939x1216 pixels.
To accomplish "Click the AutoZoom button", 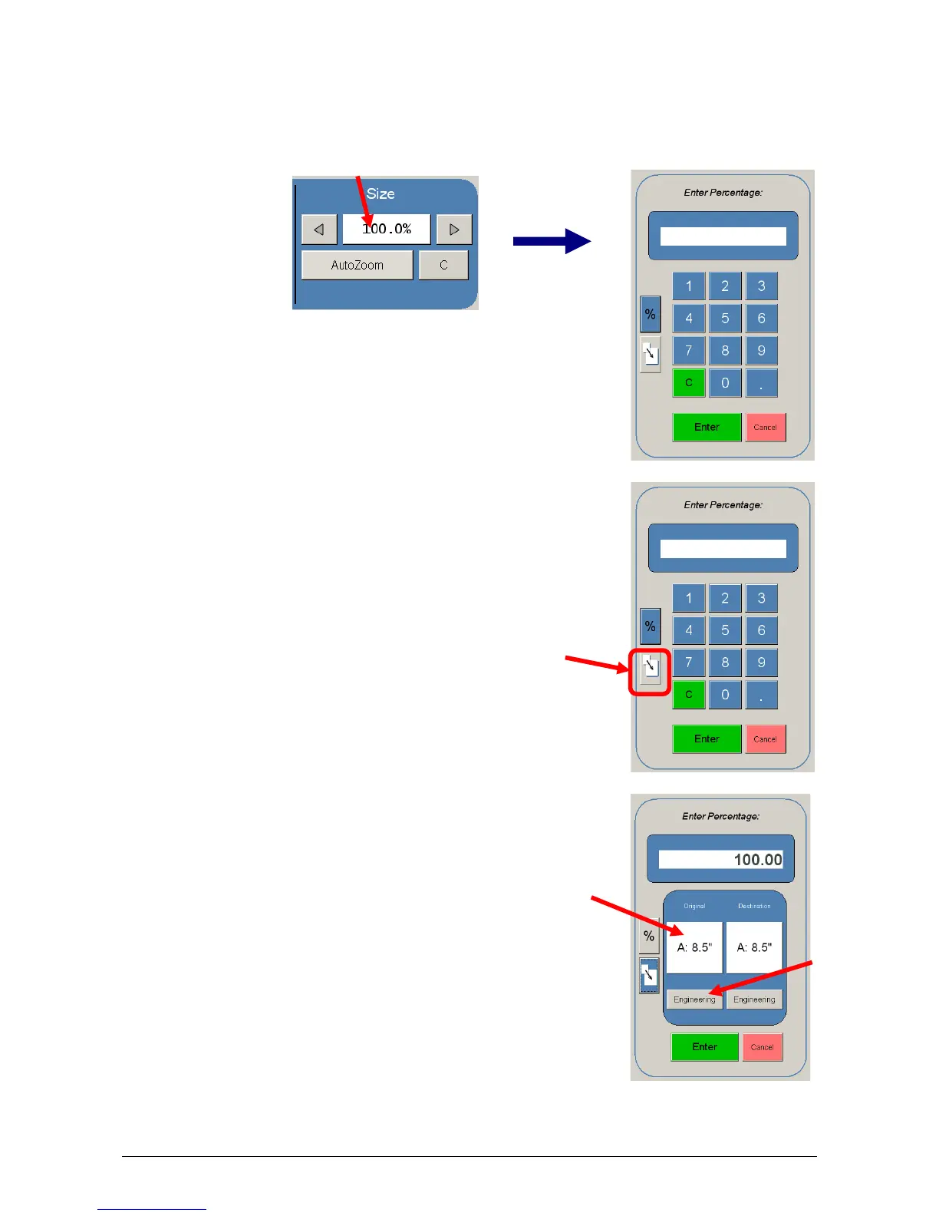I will pyautogui.click(x=357, y=265).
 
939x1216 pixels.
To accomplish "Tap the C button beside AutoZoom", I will pyautogui.click(x=443, y=265).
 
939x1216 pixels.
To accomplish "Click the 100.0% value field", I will pyautogui.click(x=387, y=229).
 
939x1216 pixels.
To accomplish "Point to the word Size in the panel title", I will pyautogui.click(x=381, y=193).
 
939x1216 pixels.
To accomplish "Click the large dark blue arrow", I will pyautogui.click(x=552, y=241).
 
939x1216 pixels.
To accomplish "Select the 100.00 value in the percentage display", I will pyautogui.click(x=757, y=860).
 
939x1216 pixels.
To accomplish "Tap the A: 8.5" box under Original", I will pyautogui.click(x=694, y=947).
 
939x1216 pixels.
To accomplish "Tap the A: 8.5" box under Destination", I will pyautogui.click(x=754, y=947).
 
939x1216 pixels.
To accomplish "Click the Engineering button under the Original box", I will pyautogui.click(x=694, y=1000).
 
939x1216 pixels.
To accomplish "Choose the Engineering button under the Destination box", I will pyautogui.click(x=754, y=1000).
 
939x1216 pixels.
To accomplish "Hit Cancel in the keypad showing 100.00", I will pyautogui.click(x=762, y=1047).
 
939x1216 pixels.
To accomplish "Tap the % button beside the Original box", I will pyautogui.click(x=649, y=937).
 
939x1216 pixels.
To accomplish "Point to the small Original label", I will pyautogui.click(x=694, y=906).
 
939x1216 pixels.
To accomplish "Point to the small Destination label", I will pyautogui.click(x=754, y=906).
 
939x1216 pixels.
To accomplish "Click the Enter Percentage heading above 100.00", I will pyautogui.click(x=720, y=816).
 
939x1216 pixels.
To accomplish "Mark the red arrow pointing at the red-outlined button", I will pyautogui.click(x=597, y=663).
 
